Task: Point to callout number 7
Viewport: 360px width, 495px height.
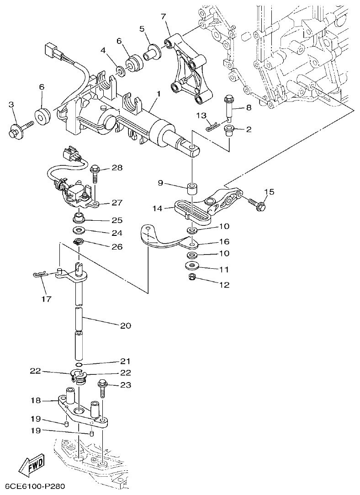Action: [x=163, y=16]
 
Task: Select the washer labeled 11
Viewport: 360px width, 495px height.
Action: [x=192, y=266]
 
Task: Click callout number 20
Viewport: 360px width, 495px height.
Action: [x=125, y=325]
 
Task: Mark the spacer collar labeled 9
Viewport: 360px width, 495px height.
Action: [x=192, y=189]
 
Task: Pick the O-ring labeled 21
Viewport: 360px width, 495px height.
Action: [x=79, y=364]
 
